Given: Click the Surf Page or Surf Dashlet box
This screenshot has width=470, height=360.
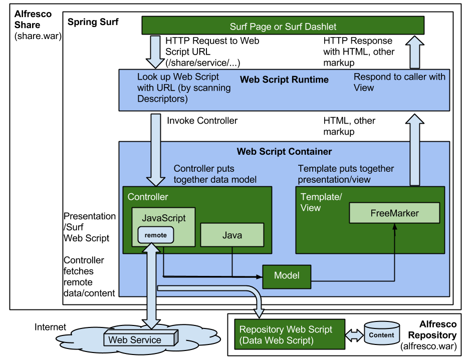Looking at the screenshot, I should click(x=283, y=26).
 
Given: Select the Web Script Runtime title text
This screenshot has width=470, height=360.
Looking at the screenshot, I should click(x=284, y=80).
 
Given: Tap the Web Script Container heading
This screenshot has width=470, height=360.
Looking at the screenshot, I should click(x=284, y=152).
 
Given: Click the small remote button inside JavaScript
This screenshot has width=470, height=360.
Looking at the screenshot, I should click(x=155, y=235).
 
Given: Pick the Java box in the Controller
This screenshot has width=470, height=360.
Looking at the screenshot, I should click(x=232, y=235).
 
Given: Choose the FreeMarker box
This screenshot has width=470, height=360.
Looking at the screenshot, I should click(x=394, y=213).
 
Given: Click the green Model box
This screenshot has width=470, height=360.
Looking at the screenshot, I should click(x=287, y=276).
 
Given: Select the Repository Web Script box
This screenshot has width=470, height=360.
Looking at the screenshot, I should click(x=290, y=334).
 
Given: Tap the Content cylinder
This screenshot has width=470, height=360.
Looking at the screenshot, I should click(x=382, y=334).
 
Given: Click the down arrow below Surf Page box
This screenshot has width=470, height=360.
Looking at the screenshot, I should click(x=155, y=52).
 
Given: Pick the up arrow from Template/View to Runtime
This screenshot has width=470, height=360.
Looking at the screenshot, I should click(x=414, y=150).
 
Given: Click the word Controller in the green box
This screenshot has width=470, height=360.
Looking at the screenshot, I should click(x=148, y=197).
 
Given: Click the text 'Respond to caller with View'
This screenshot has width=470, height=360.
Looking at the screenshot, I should click(x=399, y=82).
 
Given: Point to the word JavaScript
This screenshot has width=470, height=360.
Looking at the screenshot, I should click(x=163, y=218).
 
